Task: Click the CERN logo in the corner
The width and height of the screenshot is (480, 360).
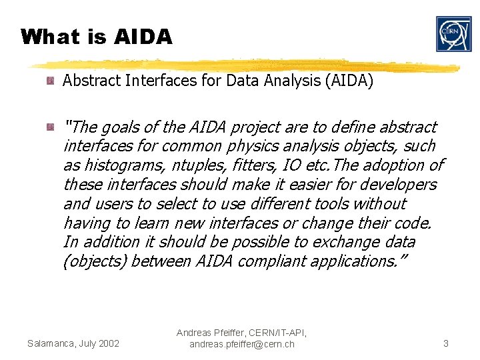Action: (453, 34)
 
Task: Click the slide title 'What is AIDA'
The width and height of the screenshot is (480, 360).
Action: (97, 37)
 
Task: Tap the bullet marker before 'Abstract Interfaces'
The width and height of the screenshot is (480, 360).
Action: (50, 81)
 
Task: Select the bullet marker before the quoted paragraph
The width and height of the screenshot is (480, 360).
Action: (50, 127)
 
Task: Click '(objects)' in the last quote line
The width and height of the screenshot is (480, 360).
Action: (95, 261)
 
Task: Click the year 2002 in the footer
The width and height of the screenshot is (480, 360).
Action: (108, 343)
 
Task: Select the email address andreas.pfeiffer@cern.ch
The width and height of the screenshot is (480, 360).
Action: (241, 344)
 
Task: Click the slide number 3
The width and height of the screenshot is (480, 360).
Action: (445, 343)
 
